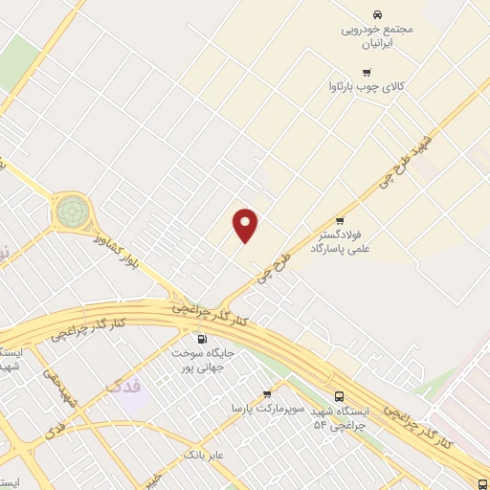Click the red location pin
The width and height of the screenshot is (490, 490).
[247, 225]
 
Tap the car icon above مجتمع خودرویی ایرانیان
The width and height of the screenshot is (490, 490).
[378, 14]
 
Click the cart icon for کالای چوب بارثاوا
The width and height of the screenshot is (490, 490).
[367, 72]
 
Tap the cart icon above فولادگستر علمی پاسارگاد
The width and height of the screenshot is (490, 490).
[340, 219]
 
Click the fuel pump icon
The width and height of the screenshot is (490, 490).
[201, 339]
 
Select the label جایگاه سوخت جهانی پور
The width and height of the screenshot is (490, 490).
[203, 359]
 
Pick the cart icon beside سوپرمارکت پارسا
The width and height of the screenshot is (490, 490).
[267, 393]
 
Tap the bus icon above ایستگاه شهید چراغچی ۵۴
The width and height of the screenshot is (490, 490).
[340, 396]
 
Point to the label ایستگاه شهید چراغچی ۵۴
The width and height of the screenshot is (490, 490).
[339, 418]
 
